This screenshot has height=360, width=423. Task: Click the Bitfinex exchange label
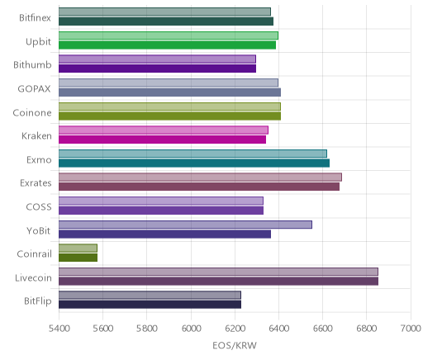point(35,18)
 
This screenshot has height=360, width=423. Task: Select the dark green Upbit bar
point(167,45)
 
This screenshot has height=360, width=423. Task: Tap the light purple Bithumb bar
point(157,59)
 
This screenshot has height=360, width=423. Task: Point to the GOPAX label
point(34,88)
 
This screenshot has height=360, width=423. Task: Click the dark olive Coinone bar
point(169,116)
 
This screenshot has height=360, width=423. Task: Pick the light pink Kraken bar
point(164,130)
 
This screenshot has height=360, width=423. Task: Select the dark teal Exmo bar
point(194,163)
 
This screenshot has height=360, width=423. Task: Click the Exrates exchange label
point(36,183)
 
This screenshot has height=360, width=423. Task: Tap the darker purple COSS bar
point(161,211)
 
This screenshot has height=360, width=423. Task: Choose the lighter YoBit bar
point(185,225)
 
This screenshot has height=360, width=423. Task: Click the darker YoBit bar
point(164,234)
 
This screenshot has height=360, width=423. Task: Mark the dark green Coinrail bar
point(78,258)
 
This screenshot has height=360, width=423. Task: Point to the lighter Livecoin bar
point(218,272)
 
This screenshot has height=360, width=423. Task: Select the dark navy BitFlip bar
point(150,305)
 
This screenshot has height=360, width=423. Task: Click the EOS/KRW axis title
point(235,345)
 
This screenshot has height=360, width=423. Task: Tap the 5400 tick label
point(59,329)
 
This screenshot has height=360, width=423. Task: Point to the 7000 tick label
point(411,329)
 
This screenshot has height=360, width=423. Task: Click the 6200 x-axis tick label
point(235,329)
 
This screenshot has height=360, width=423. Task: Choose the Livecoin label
point(33,277)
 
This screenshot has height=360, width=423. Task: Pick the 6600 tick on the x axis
point(323,329)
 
